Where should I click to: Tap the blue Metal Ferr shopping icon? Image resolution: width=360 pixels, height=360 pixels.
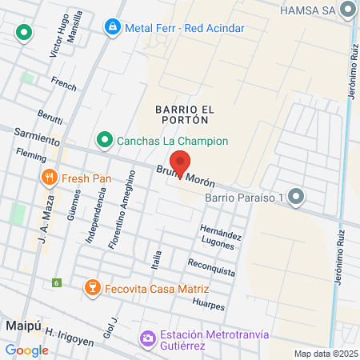(113, 28)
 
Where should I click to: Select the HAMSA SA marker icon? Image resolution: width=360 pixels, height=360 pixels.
(347, 10)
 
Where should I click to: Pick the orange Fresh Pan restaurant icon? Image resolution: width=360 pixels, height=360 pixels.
(50, 178)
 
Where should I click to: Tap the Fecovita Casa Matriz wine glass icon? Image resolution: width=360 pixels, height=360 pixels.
(92, 288)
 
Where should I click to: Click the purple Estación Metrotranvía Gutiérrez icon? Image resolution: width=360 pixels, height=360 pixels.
(147, 339)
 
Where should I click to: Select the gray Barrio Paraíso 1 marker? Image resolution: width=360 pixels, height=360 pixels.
(298, 197)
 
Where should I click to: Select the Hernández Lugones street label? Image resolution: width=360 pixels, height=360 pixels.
(220, 234)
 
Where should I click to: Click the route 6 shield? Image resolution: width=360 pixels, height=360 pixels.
(57, 282)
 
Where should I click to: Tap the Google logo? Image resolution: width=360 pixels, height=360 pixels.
(26, 350)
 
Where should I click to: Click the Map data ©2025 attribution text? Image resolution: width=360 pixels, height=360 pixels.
(324, 354)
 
